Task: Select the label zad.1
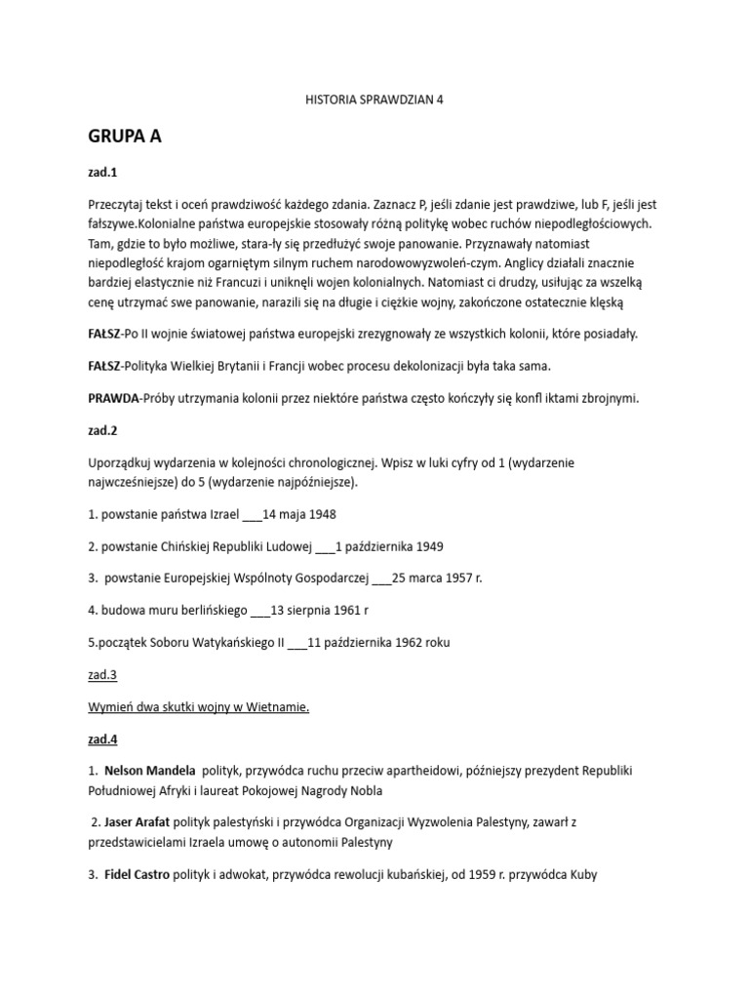click(x=101, y=173)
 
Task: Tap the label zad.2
click(x=101, y=426)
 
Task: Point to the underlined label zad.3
click(x=101, y=674)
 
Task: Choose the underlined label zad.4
click(x=101, y=739)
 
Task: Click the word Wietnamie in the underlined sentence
click(x=278, y=706)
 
